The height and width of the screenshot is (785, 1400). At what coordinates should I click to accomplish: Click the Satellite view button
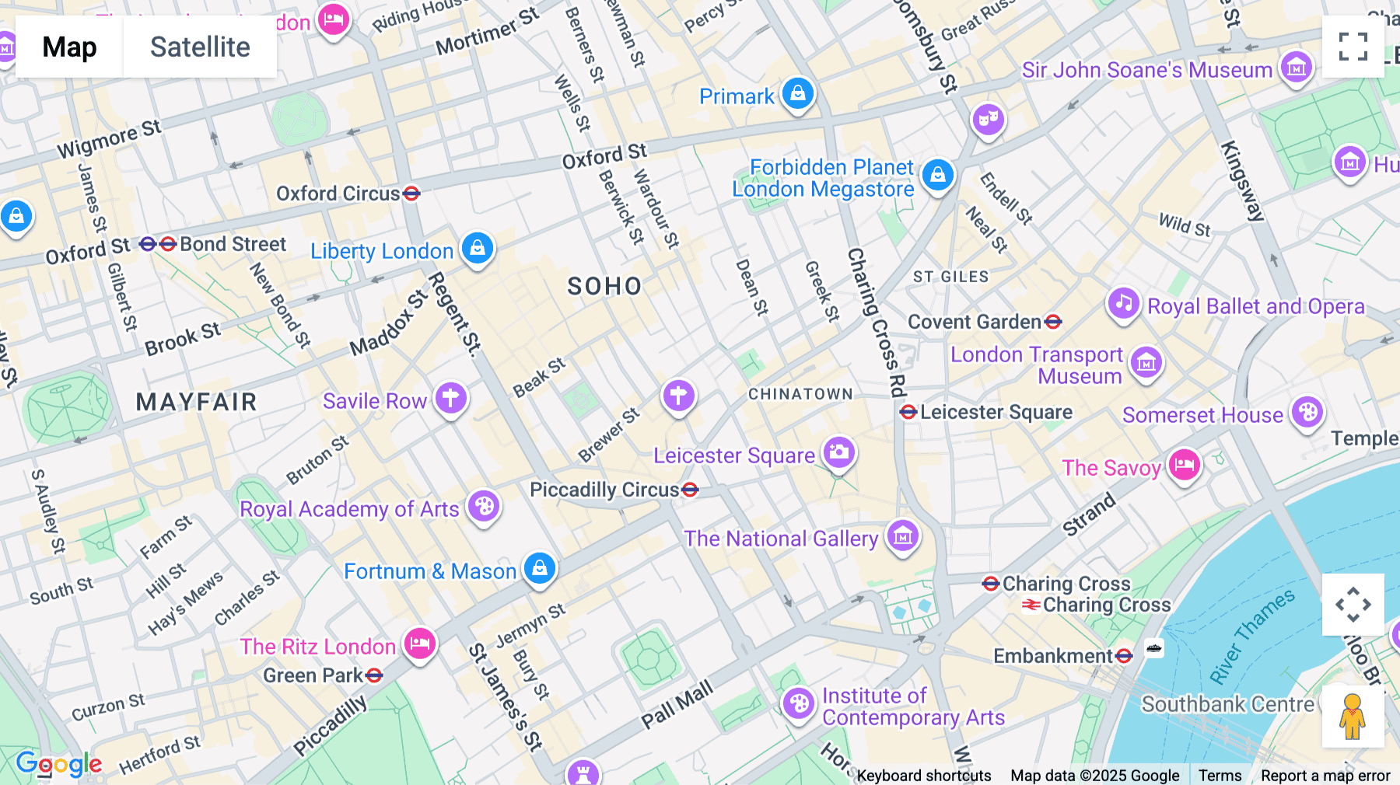200,47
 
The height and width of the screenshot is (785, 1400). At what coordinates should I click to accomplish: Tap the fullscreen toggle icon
1353,47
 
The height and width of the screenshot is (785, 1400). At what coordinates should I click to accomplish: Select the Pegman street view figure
1353,716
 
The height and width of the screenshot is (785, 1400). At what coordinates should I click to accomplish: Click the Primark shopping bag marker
797,94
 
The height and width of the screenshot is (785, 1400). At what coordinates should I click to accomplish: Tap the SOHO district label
604,286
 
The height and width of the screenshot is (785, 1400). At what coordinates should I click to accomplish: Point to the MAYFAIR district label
196,402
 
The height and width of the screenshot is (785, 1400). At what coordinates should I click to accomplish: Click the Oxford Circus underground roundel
411,193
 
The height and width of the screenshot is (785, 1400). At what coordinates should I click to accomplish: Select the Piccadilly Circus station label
604,490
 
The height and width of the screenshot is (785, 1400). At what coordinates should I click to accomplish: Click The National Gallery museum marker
902,536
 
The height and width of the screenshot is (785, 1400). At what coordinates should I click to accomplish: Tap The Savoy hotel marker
1184,466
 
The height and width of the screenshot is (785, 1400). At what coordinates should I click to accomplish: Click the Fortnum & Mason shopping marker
539,569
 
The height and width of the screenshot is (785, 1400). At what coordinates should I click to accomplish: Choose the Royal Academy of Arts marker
483,507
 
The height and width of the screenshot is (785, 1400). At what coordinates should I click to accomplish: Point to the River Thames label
1251,637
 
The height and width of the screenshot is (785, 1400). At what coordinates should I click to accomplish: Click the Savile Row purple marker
450,398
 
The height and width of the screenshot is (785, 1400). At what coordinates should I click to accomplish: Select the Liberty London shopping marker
477,248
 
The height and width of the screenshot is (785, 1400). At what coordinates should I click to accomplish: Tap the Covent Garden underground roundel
1053,321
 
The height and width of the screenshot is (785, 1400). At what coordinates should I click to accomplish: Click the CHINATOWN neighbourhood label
800,394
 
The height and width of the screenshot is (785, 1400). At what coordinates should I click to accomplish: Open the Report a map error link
1325,775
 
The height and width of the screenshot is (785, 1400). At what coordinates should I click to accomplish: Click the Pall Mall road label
677,705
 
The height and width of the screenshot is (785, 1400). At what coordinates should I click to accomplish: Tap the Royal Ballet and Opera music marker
1123,304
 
